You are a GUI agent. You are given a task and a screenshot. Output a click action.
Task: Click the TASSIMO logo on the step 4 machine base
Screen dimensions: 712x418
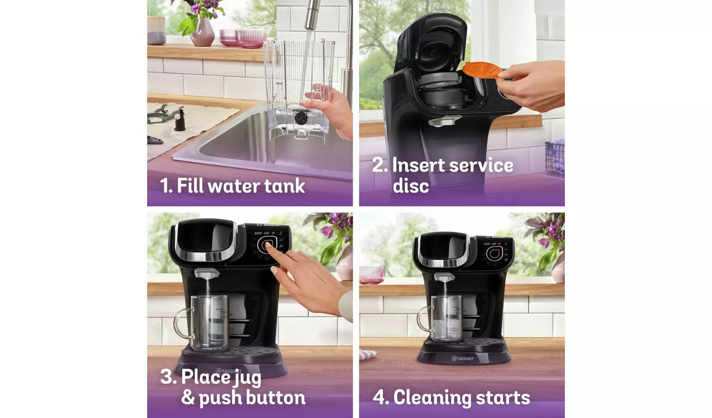[462, 359]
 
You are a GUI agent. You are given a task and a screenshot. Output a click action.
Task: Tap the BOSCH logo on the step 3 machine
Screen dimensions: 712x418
[269, 225]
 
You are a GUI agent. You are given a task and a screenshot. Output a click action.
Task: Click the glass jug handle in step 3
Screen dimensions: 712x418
[182, 323]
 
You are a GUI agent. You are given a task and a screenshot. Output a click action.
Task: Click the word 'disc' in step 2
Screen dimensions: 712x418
[411, 186]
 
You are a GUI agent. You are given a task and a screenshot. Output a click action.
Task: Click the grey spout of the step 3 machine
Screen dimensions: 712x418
[206, 273]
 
